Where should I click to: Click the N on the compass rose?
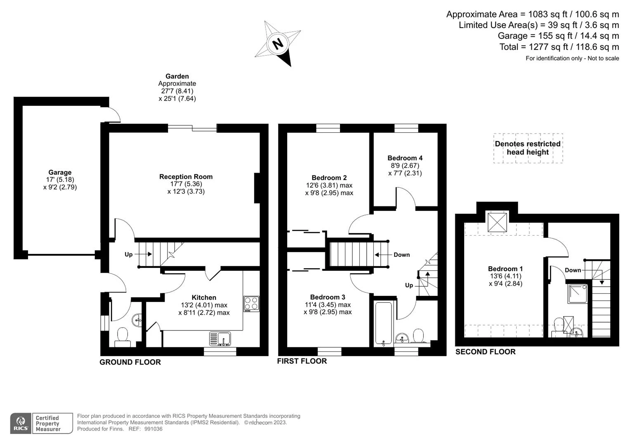click(278, 44)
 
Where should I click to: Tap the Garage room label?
click(60, 172)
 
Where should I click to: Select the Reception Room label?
click(186, 177)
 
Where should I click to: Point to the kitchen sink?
click(220, 339)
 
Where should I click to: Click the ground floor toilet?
click(123, 337)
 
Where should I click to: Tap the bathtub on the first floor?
click(384, 323)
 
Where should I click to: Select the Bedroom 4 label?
click(405, 158)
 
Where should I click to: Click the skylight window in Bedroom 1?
click(497, 222)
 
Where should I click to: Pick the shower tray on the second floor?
click(578, 294)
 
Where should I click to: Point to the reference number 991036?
click(153, 429)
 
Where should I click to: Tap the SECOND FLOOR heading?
click(486, 352)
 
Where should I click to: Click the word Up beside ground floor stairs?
click(129, 254)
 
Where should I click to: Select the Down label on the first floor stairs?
click(401, 255)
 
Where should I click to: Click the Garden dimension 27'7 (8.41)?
click(177, 91)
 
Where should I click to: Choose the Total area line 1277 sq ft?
click(559, 47)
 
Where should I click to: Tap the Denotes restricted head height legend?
click(528, 148)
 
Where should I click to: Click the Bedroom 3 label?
click(328, 297)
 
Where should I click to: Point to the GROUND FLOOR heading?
click(130, 362)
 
